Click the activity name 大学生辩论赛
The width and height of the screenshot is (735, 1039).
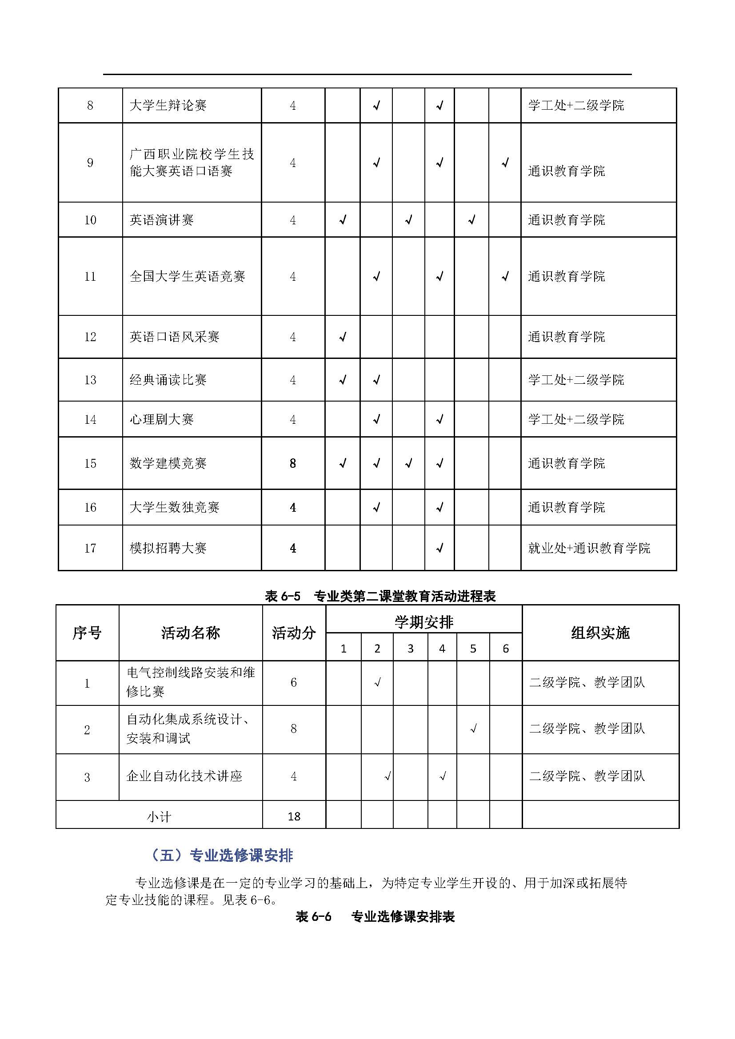click(168, 105)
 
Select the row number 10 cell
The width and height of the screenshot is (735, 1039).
click(90, 220)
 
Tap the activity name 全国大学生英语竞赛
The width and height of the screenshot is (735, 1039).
click(188, 276)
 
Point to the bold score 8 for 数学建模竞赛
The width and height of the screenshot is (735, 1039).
click(293, 463)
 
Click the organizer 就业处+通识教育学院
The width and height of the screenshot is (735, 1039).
click(589, 548)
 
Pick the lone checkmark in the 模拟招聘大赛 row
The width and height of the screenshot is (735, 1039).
click(439, 549)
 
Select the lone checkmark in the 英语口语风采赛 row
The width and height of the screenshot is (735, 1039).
click(343, 337)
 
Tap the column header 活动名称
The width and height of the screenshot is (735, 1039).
click(191, 632)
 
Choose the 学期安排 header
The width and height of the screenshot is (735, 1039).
click(423, 622)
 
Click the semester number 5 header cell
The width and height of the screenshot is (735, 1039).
click(473, 649)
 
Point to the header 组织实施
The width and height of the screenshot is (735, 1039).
click(600, 632)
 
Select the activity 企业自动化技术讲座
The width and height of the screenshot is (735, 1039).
click(184, 776)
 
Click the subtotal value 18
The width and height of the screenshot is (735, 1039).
click(294, 816)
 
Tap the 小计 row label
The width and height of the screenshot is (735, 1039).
click(159, 816)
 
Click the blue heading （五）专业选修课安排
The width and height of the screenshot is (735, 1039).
click(222, 855)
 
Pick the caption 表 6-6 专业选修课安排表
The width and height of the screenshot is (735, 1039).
click(375, 916)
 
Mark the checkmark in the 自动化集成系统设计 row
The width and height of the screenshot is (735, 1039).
click(473, 728)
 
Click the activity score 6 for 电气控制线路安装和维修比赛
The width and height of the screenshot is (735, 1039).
click(293, 682)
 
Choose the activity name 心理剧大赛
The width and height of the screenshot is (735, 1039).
click(162, 419)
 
